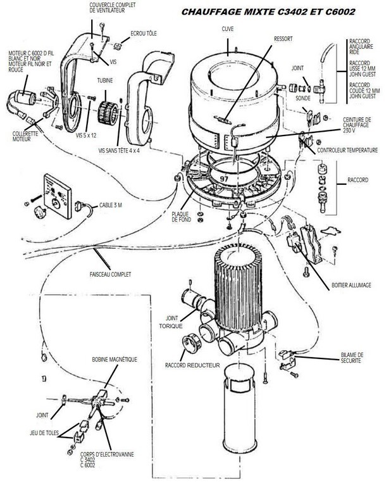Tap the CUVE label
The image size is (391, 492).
[228, 30]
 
